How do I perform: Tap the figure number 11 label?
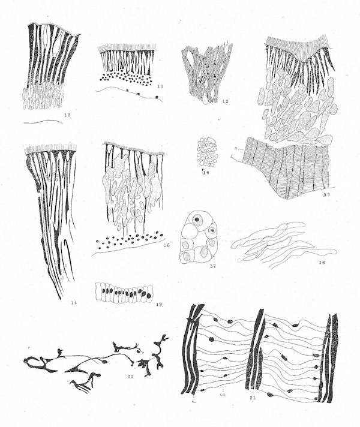coord(159,86)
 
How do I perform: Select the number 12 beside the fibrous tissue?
coord(225,101)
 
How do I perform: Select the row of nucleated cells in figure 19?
coord(122,293)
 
